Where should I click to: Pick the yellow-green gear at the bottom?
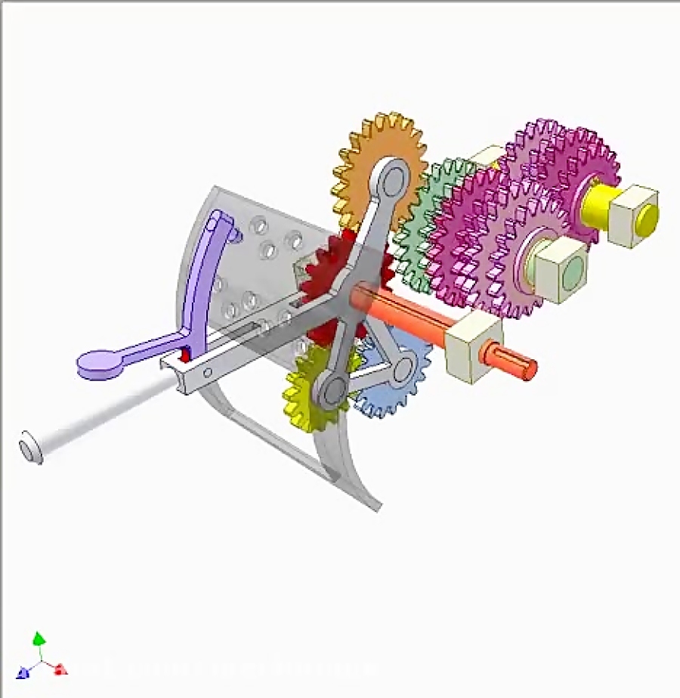point(302,393)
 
